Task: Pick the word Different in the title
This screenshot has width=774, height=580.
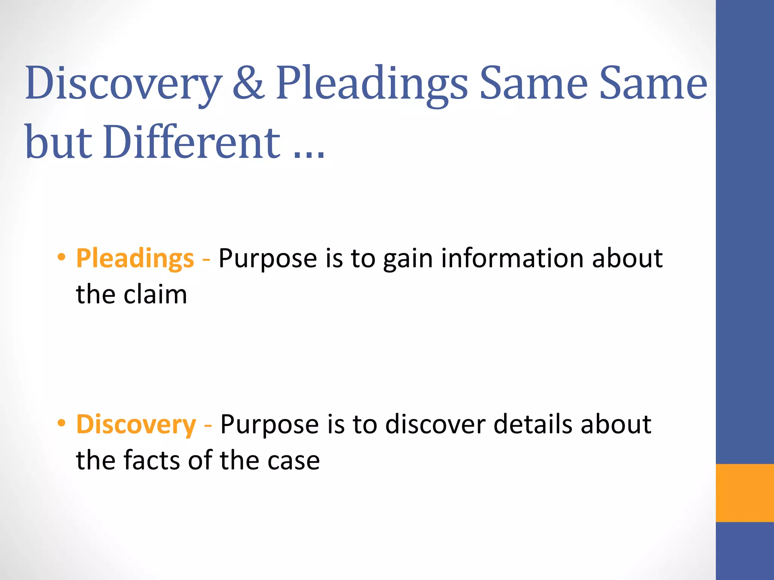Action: pos(191,142)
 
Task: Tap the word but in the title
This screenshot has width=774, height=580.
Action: pos(59,142)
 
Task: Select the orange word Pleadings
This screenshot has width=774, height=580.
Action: pos(135,259)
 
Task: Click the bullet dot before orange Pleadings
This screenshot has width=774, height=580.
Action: pos(61,257)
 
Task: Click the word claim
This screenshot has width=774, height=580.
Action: pos(155,295)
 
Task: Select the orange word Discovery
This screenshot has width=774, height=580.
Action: pos(136,425)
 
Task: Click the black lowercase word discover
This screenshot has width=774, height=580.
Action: pos(435,424)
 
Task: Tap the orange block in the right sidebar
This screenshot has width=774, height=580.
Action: pos(745,493)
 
